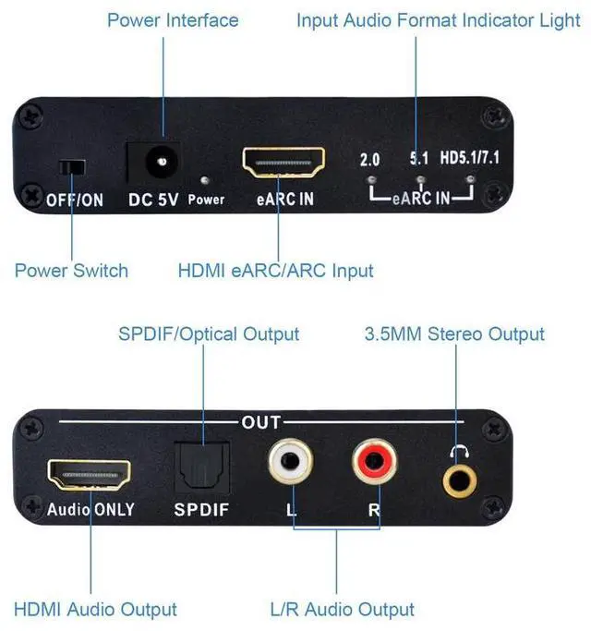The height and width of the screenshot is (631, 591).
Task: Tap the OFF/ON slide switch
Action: [x=71, y=167]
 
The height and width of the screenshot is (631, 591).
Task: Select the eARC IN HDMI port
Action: [x=283, y=163]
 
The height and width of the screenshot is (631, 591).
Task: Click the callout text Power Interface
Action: [x=173, y=20]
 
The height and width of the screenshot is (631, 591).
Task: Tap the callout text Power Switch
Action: [x=71, y=271]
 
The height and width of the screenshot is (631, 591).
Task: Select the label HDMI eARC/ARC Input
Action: [x=275, y=271]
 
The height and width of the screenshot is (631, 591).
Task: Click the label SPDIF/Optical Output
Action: [x=209, y=334]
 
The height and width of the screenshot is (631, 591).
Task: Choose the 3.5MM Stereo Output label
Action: [x=453, y=334]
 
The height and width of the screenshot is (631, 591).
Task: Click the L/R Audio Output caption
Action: [x=342, y=610]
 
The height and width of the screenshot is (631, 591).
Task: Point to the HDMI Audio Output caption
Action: [x=95, y=610]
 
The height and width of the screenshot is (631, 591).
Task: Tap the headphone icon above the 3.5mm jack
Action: [x=456, y=452]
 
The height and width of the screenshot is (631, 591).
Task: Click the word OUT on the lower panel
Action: [x=259, y=422]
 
